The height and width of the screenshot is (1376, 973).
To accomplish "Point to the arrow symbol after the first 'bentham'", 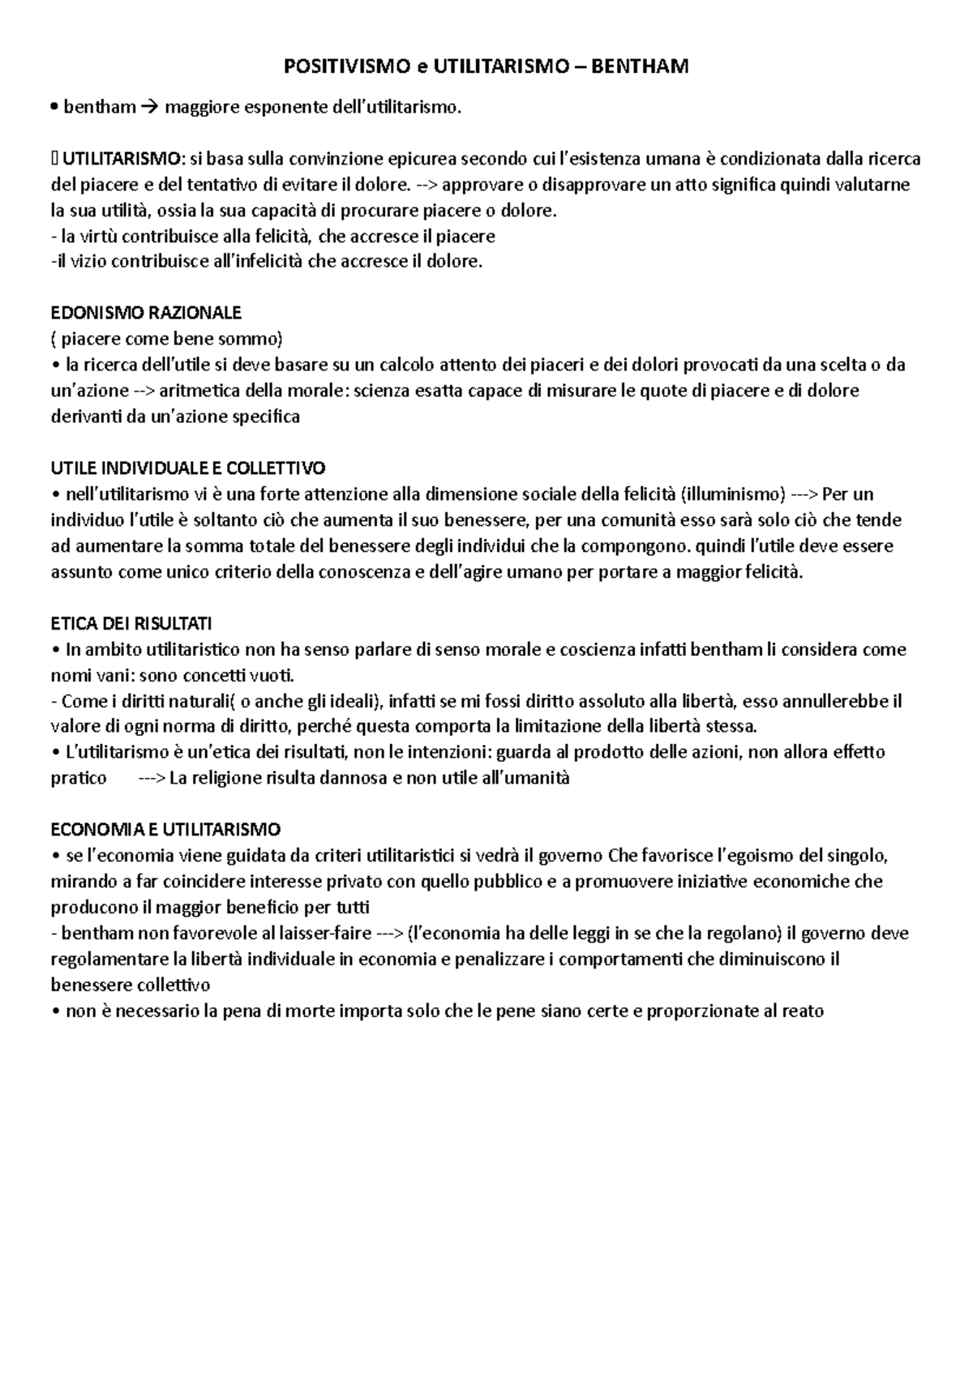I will pos(150,107).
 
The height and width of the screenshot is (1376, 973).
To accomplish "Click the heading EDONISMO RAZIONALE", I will pos(146,313).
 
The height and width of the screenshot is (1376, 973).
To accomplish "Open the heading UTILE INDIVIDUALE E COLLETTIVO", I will pos(188,468).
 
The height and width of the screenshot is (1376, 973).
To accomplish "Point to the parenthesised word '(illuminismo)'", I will pos(732,494).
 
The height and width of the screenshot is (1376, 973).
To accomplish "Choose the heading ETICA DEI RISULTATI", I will pos(131,624).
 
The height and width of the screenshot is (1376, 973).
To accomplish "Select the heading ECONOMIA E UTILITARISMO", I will pos(165,830).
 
